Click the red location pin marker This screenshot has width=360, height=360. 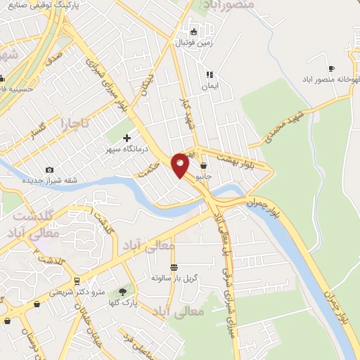tap(181, 165)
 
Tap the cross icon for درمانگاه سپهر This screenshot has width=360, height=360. tap(127, 139)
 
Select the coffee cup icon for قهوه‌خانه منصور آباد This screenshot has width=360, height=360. tap(331, 68)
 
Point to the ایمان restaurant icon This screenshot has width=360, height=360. tap(209, 74)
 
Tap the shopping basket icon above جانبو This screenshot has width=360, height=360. tap(203, 166)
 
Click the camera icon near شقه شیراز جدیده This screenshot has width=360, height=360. tap(49, 169)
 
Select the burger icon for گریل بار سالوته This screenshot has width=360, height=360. tap(174, 266)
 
